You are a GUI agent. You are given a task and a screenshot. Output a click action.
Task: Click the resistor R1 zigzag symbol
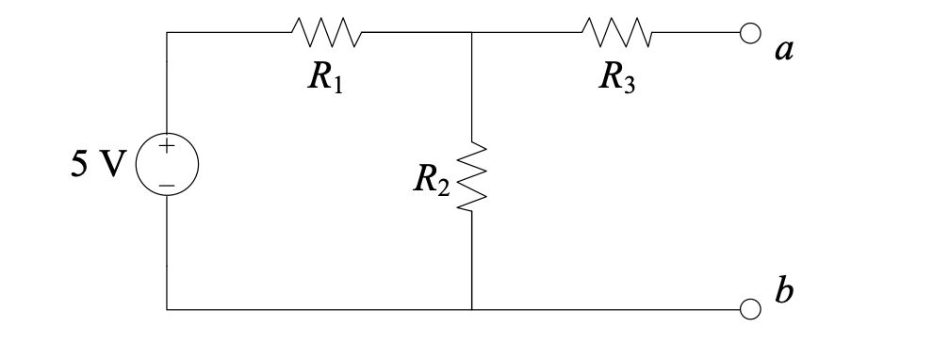point(326,32)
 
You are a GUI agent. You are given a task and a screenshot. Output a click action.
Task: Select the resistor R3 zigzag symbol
point(616,32)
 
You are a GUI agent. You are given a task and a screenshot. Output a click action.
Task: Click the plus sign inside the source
point(168,147)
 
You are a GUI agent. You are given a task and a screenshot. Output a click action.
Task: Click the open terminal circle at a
point(749,32)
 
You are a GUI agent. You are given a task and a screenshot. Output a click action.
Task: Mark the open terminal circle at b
point(749,308)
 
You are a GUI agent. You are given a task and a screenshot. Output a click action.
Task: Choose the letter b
point(782,291)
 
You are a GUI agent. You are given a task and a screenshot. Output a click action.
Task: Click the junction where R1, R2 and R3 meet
point(472,32)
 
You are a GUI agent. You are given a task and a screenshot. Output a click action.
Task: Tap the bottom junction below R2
point(472,308)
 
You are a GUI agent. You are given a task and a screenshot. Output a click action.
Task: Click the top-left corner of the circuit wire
point(168,32)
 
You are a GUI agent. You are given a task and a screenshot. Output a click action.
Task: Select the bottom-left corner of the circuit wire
point(168,308)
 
